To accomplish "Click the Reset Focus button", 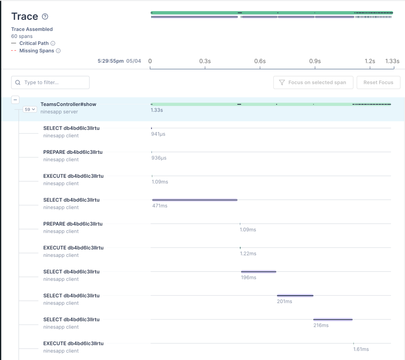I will tap(379, 83).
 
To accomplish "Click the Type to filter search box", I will tap(50, 83).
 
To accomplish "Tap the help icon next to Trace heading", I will tap(45, 17).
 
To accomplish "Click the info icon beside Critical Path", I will tap(53, 43).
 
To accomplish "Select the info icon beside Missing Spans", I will tap(58, 51).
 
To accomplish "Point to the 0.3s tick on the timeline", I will tap(205, 61).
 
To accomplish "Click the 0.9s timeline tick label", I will tap(315, 61).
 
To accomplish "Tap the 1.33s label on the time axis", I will tap(392, 61).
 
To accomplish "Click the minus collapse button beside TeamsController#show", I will tap(15, 100).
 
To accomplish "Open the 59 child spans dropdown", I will tap(30, 109).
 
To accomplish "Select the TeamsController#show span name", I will tap(68, 104).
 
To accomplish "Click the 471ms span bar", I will tap(195, 200).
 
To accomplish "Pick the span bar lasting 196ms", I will tap(259, 271).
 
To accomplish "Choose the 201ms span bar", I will tap(295, 295).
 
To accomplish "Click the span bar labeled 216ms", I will tap(333, 319).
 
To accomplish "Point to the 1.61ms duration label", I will tap(361, 349).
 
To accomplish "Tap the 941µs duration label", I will tap(158, 134).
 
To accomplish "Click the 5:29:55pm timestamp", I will tap(111, 61).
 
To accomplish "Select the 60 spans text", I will tap(22, 36).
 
